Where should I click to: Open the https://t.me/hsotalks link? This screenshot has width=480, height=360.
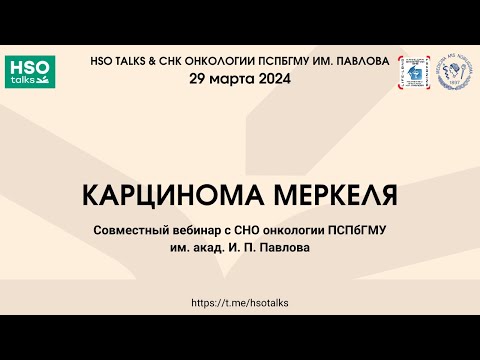point(239,300)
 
